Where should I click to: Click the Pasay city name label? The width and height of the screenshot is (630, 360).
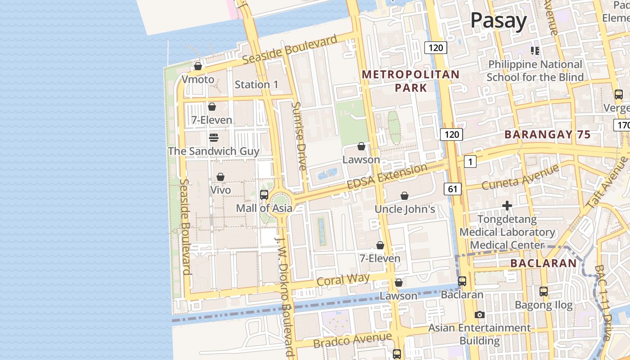tap(499, 21)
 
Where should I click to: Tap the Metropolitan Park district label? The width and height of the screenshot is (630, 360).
tap(410, 81)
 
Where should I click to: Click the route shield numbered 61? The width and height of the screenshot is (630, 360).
tap(453, 189)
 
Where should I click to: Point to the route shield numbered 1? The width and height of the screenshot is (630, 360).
tap(470, 162)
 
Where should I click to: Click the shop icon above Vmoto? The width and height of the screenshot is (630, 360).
tap(198, 67)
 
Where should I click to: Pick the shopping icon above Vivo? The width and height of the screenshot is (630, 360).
tap(220, 177)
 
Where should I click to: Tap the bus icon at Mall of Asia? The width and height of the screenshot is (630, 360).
tap(264, 195)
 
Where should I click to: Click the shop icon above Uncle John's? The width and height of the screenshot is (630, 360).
tap(405, 196)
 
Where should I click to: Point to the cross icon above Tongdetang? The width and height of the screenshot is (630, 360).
tap(507, 206)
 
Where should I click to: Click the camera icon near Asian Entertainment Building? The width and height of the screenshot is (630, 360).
tap(480, 315)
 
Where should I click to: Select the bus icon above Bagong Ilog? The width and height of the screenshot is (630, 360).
tap(544, 292)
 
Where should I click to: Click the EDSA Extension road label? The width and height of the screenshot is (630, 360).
tap(387, 177)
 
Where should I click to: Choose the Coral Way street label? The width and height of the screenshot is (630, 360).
tap(343, 279)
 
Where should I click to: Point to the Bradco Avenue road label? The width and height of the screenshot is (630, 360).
tap(352, 340)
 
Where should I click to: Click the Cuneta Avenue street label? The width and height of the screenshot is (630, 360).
tap(520, 177)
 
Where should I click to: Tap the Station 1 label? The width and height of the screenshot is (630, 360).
tap(256, 85)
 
